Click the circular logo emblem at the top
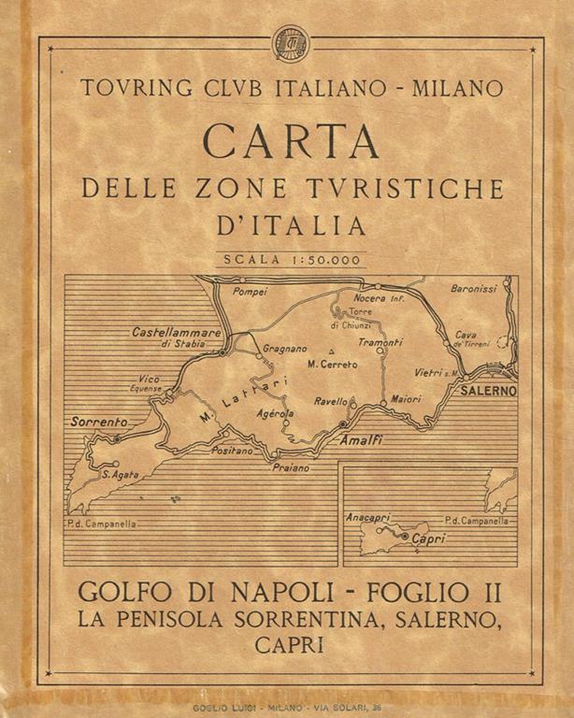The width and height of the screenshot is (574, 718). coord(289,43)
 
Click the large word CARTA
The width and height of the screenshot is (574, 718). coord(291,141)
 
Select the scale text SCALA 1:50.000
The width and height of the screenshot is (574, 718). coord(291,260)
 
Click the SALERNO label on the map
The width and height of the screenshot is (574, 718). coord(488,391)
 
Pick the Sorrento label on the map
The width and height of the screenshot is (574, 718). coord(98,423)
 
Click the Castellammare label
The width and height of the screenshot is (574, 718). coord(176,332)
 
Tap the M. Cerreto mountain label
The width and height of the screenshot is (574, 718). coord(332,364)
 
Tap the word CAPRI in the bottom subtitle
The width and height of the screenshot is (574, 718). coord(290,645)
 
